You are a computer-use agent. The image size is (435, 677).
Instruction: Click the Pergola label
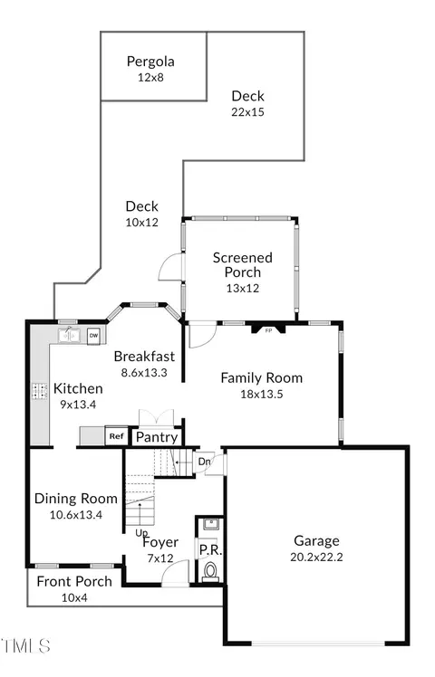[150, 62]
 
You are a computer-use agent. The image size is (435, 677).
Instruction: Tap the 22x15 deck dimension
[247, 112]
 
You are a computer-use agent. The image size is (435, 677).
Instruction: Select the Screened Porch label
[243, 265]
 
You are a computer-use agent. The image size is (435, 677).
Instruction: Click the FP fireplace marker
[268, 330]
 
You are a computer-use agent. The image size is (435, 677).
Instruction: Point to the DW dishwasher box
[93, 336]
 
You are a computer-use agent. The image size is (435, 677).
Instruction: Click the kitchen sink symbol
[69, 335]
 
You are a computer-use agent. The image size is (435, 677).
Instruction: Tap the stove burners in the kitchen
[39, 391]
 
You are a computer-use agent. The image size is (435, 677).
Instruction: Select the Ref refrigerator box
[116, 436]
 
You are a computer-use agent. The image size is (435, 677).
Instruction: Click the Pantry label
[157, 437]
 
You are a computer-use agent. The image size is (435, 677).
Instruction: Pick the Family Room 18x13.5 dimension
[262, 395]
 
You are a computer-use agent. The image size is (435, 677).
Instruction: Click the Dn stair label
[204, 462]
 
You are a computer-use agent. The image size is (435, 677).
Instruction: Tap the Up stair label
[141, 533]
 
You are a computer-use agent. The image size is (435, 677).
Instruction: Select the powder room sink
[211, 524]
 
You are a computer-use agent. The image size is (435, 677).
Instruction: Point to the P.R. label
[210, 550]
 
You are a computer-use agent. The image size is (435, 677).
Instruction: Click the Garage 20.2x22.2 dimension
[316, 558]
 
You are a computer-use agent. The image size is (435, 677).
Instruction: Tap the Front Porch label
[74, 582]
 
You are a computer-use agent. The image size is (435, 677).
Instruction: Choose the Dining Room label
[76, 499]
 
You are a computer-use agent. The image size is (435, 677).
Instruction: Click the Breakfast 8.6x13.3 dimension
[144, 373]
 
